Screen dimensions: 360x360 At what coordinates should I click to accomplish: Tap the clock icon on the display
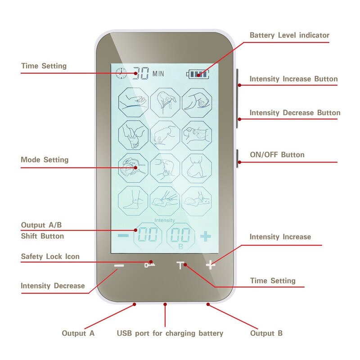tap(121, 73)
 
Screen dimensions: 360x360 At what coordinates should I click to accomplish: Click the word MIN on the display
tap(158, 73)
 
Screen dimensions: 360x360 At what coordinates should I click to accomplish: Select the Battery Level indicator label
tap(289, 35)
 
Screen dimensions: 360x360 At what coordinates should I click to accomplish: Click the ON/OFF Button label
tap(277, 155)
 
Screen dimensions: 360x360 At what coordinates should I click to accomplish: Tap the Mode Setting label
tap(45, 160)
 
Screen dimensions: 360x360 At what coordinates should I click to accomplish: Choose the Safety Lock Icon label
tap(50, 256)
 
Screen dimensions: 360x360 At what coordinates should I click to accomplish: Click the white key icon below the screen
tap(149, 265)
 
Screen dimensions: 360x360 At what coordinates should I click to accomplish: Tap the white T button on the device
tap(180, 265)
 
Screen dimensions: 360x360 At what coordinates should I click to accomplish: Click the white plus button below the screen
tap(210, 265)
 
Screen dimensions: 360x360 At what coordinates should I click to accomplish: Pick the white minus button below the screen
tap(119, 265)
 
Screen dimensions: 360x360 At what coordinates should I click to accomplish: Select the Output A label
tap(78, 333)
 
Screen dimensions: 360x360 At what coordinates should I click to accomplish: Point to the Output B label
tap(266, 333)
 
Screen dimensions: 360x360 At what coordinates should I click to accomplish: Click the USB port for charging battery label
tap(170, 333)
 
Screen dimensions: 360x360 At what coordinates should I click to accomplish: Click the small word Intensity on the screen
tap(164, 220)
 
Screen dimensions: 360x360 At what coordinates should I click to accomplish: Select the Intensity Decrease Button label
tap(295, 112)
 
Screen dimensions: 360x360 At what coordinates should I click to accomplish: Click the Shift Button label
tap(42, 236)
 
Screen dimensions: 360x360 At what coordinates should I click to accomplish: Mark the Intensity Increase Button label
tap(293, 79)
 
